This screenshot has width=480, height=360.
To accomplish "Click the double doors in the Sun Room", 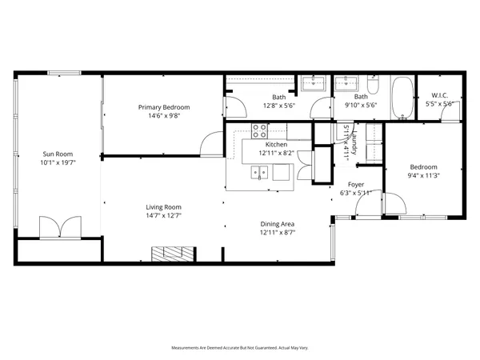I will tap(60, 226).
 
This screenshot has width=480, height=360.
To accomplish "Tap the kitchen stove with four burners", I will tap(260, 130).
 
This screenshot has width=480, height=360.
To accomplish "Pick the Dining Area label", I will tap(277, 224).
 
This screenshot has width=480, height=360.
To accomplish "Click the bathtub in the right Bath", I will tap(402, 98).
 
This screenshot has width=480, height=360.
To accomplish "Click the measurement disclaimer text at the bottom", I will tap(240, 348).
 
